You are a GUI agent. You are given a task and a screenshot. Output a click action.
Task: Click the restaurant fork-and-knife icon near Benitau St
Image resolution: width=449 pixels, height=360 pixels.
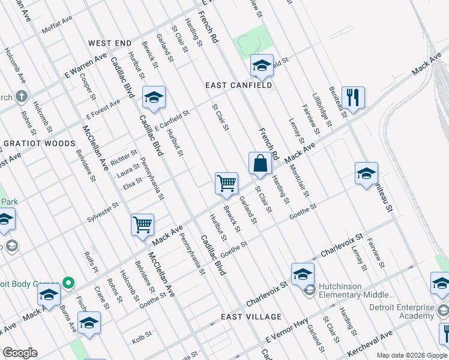(353, 98)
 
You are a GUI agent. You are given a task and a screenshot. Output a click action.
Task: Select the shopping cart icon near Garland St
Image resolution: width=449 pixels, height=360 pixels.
(227, 184)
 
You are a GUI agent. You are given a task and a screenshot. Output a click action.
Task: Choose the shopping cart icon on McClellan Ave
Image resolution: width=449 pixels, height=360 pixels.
(143, 225)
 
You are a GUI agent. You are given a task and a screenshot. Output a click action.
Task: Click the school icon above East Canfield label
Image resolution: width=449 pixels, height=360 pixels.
(262, 66)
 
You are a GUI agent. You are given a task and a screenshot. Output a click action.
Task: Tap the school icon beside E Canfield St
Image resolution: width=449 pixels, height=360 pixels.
(154, 97)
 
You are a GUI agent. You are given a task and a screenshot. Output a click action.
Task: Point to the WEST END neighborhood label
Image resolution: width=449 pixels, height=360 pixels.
(109, 44)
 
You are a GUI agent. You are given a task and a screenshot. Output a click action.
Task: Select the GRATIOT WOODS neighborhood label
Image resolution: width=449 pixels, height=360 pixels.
(40, 144)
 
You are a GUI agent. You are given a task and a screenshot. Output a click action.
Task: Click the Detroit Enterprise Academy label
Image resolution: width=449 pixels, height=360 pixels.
(401, 311)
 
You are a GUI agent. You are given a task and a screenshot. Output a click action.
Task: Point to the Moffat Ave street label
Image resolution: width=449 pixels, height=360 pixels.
(57, 26)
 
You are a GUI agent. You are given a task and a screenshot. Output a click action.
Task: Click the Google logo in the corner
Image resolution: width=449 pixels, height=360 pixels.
(20, 353)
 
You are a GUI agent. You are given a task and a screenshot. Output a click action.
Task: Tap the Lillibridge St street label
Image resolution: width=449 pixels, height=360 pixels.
(322, 110)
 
